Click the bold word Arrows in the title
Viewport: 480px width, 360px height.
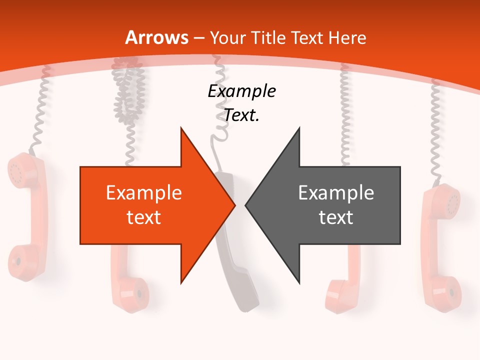[157, 37]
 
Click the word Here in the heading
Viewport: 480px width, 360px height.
[347, 37]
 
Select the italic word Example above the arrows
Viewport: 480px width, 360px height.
[241, 91]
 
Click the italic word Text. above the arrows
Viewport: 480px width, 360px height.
[241, 115]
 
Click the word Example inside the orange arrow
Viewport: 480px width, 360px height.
[144, 193]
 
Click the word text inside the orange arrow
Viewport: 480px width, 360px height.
[144, 217]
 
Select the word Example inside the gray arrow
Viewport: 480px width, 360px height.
[336, 193]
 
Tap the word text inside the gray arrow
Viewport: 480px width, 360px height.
[336, 217]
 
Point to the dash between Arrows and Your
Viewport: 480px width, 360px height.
[198, 38]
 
